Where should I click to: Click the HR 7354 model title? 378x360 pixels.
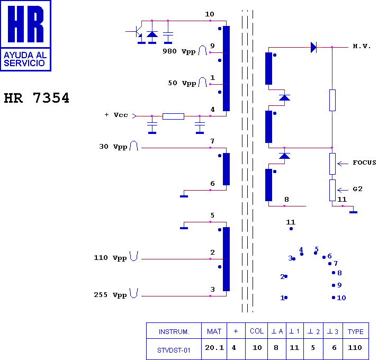37,98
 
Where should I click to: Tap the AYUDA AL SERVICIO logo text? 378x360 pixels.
25,59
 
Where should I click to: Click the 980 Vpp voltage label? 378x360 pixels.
179,51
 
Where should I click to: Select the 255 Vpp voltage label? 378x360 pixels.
110,295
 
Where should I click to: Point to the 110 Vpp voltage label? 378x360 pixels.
110,258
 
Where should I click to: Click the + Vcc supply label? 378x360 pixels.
116,115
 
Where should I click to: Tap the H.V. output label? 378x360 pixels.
362,46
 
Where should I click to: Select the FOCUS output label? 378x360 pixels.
364,163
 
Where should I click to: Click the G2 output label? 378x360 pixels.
357,189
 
